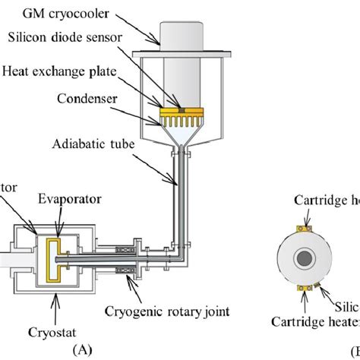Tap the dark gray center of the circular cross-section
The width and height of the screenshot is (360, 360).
pos(305,259)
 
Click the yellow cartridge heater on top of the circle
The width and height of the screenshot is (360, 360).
pos(306,226)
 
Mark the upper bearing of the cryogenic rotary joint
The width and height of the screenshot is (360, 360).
pos(126,247)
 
